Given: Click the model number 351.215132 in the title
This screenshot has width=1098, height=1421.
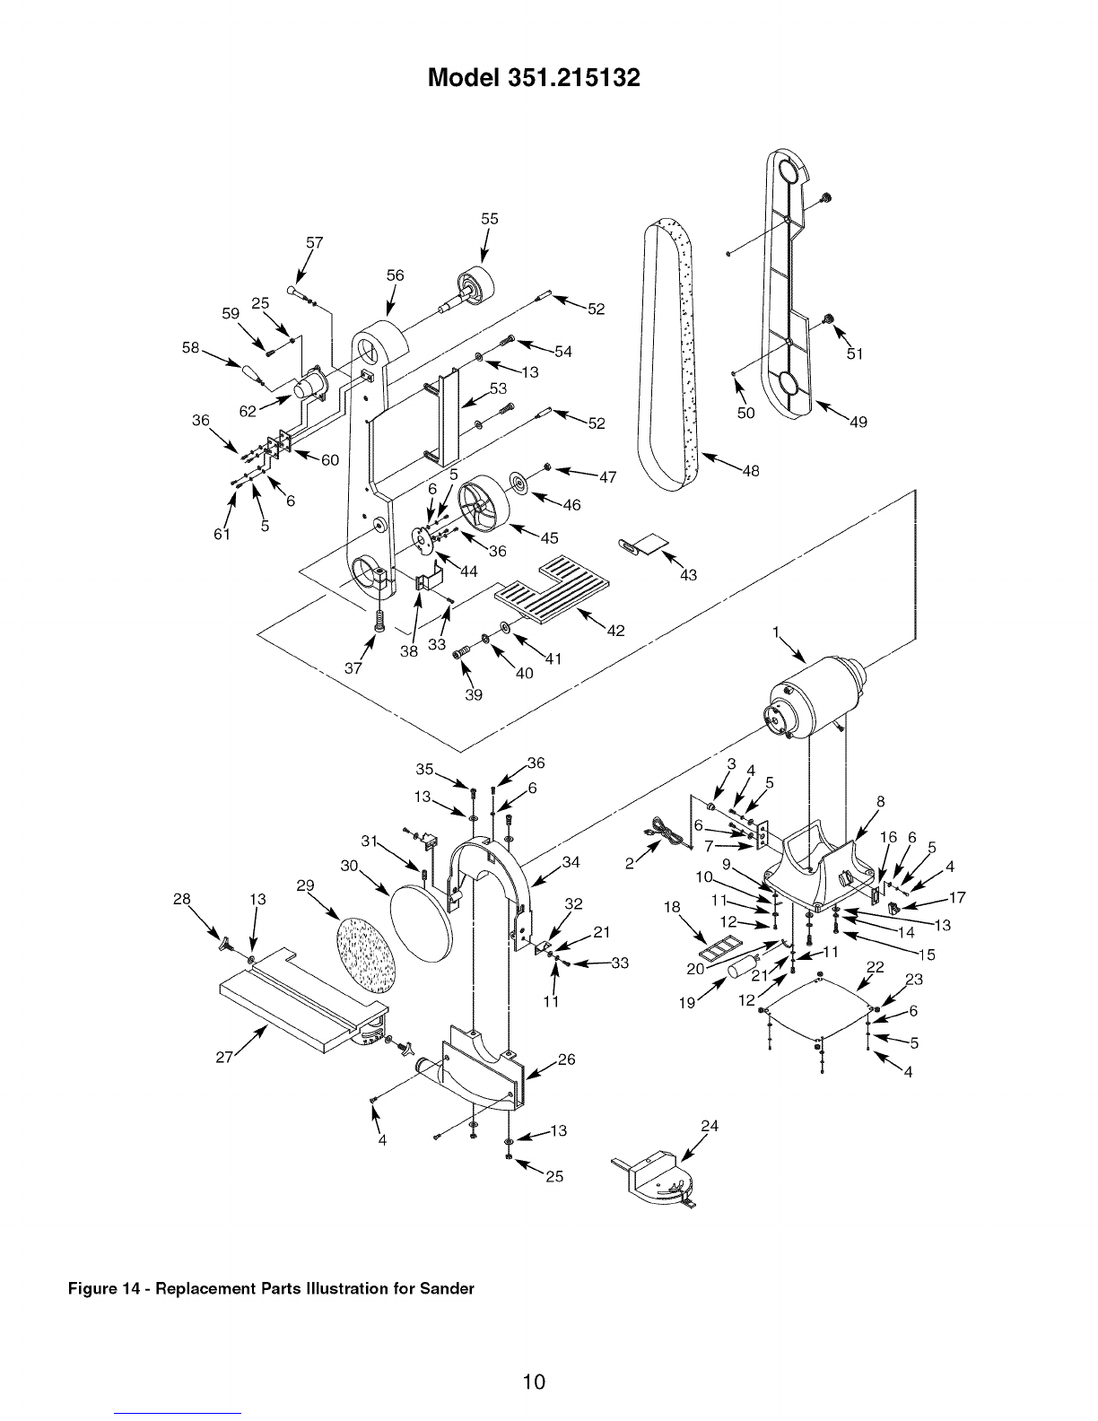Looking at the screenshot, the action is [x=572, y=78].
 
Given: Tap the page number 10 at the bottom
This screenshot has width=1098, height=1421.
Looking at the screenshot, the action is [x=534, y=1382].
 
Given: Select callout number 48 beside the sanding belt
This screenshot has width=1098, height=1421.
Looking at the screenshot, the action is [x=751, y=471].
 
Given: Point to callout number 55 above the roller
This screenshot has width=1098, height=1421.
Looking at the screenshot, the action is [x=489, y=219].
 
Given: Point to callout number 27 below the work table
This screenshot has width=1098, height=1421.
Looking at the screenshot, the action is [x=224, y=1058].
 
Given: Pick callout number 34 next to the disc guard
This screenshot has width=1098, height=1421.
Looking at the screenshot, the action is [x=571, y=862].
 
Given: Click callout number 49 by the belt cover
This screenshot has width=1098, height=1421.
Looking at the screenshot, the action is [x=858, y=423].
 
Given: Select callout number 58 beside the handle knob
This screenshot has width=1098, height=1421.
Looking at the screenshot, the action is [x=190, y=348].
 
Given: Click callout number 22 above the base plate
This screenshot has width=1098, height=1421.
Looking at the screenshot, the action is [x=875, y=967].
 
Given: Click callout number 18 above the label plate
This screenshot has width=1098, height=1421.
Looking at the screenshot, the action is [x=672, y=908].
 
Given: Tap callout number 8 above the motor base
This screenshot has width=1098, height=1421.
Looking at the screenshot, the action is [x=881, y=802].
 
